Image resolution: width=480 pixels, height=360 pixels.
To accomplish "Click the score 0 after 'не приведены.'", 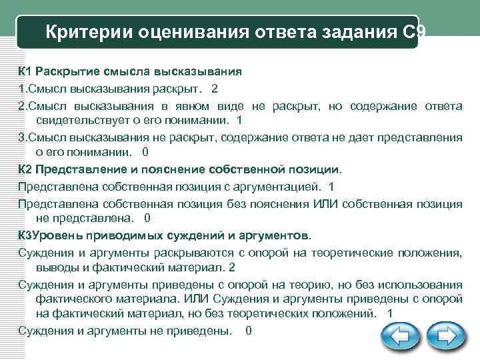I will (249, 331).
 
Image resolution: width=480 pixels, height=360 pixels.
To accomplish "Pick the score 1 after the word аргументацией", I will (332, 186).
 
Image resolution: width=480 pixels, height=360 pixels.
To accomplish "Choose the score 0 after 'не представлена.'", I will (147, 218).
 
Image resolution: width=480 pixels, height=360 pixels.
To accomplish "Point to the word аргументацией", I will (279, 186).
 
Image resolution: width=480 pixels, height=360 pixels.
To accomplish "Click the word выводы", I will (55, 267).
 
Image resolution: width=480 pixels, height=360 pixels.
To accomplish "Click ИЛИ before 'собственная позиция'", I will (327, 202).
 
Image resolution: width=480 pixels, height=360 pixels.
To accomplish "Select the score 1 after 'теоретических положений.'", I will (390, 313).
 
